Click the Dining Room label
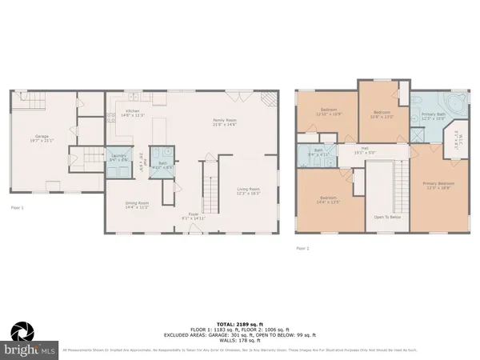138,204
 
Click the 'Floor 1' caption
18,207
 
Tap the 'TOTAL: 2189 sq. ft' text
240,317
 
